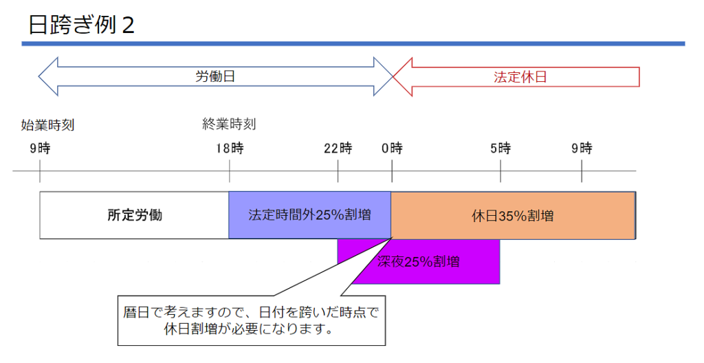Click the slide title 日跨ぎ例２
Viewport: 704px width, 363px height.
point(82,25)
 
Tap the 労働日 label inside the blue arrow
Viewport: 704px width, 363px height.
point(215,76)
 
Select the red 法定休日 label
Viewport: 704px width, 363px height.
point(520,77)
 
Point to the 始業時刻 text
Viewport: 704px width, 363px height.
point(47,125)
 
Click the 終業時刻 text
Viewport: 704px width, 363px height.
point(229,124)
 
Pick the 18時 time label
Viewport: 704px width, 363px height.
point(229,148)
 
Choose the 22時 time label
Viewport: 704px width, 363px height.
point(338,148)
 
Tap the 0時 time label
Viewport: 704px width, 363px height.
point(392,148)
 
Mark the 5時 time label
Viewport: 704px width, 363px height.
point(500,148)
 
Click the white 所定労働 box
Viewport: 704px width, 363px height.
point(135,215)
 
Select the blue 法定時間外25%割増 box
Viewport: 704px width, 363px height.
point(309,215)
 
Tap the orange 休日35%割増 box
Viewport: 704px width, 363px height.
point(513,215)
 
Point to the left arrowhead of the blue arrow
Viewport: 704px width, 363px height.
point(48,76)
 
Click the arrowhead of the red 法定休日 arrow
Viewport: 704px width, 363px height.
point(402,76)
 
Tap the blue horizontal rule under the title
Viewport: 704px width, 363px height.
point(353,44)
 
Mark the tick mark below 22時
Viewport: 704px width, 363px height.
point(338,171)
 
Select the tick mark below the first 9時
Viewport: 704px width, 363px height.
point(40,171)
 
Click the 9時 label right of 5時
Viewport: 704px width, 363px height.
point(582,148)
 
